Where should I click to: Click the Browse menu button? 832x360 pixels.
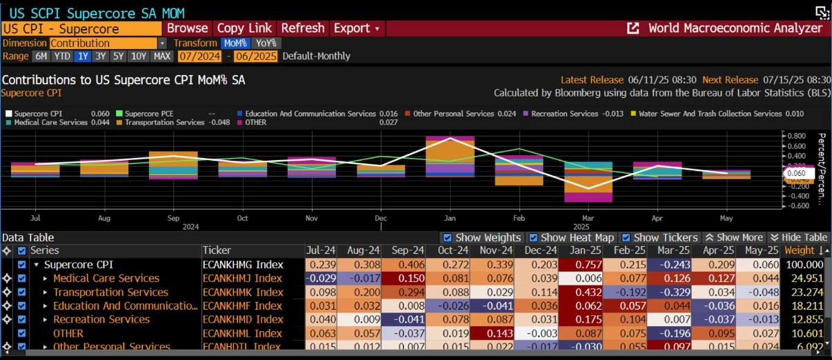(187, 28)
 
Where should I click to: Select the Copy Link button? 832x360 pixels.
(244, 28)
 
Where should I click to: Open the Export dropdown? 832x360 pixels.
(356, 28)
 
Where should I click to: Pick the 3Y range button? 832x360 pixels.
(101, 56)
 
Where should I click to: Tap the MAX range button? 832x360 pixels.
(162, 56)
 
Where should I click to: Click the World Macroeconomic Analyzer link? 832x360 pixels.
(735, 28)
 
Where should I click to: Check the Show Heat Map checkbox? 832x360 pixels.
(533, 237)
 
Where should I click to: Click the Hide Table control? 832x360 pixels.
(799, 237)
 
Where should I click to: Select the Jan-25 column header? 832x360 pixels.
(582, 250)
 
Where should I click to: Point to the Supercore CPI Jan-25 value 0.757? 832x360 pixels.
(582, 264)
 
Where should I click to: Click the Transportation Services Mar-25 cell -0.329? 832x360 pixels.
(669, 292)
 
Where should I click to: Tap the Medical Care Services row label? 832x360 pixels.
(106, 278)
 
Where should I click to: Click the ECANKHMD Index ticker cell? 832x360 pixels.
(242, 319)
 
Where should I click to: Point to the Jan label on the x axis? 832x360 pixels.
(450, 219)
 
